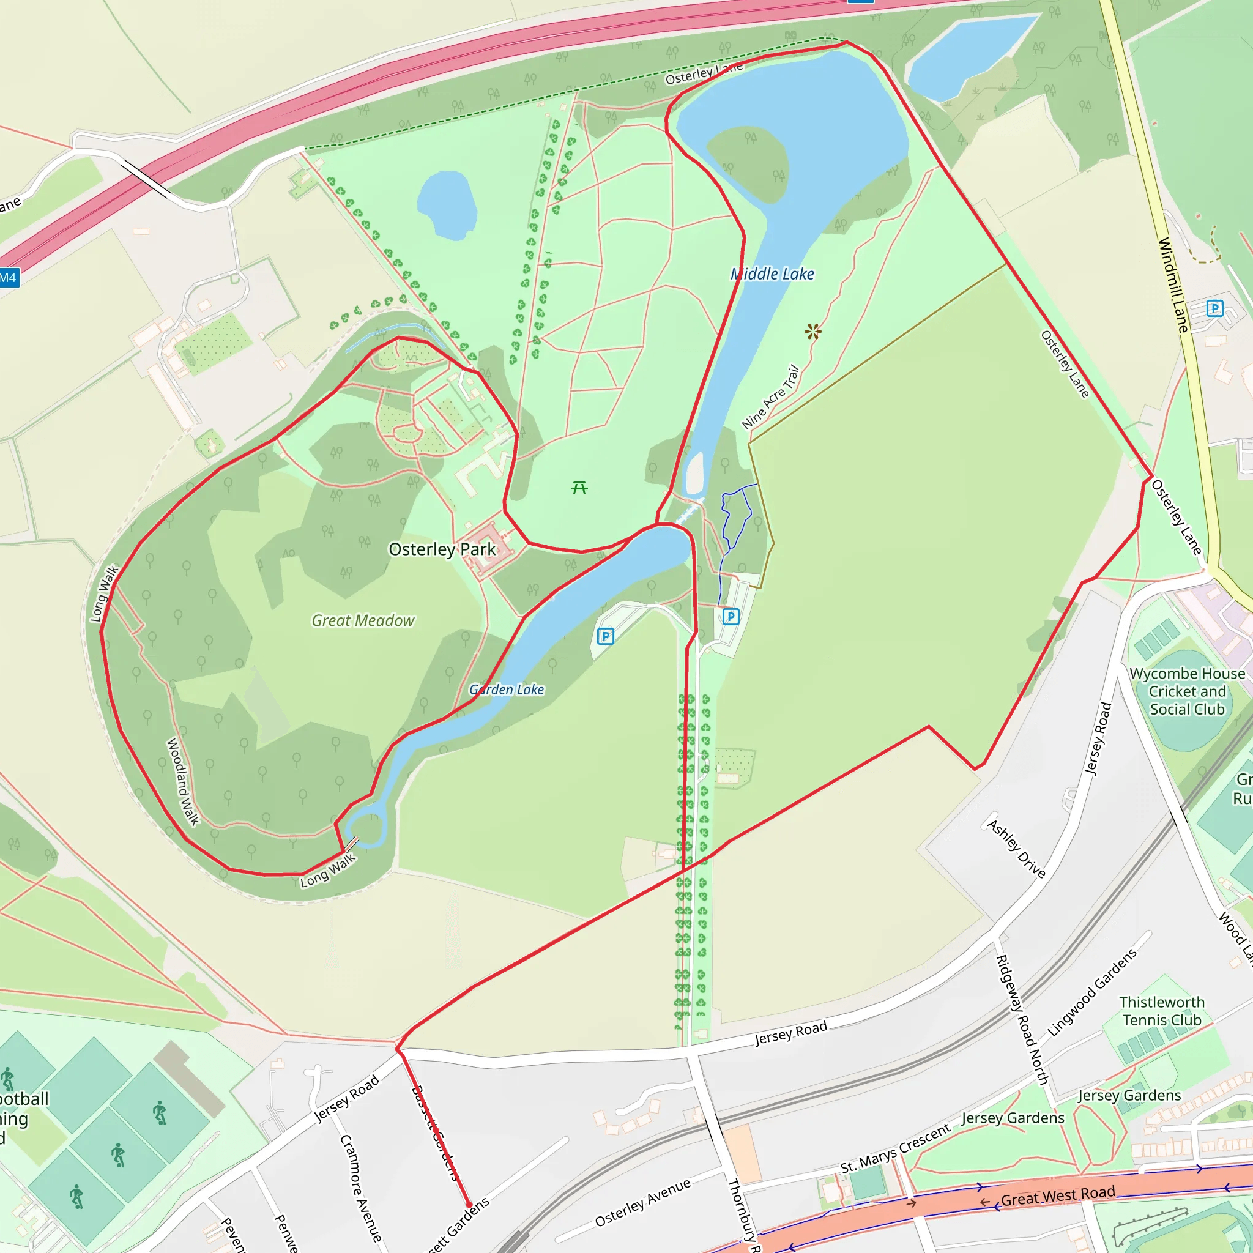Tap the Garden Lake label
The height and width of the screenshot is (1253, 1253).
pos(507,690)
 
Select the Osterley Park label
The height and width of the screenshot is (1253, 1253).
pos(442,549)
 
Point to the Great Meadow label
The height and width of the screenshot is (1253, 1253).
pos(363,620)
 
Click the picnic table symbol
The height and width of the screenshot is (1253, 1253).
pos(579,487)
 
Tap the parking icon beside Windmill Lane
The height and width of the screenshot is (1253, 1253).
pos(1214,308)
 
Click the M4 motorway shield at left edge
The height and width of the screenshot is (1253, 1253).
pos(9,278)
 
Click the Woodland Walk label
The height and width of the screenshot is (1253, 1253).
pos(183,781)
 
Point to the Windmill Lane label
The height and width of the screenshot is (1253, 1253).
pos(1173,285)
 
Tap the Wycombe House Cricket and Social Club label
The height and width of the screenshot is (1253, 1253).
pos(1187,691)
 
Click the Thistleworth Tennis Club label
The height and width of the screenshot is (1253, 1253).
pos(1162,1011)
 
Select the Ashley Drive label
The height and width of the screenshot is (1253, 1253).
pos(1016,849)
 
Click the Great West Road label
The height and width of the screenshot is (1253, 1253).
pos(1058,1195)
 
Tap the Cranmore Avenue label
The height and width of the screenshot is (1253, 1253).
pos(360,1188)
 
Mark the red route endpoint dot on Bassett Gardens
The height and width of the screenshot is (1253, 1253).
pos(469,1205)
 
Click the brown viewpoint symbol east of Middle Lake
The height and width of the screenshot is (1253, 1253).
pos(812,332)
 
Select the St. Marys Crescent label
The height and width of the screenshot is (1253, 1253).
pos(895,1148)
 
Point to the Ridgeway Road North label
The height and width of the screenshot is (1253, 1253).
pos(1022,1019)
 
